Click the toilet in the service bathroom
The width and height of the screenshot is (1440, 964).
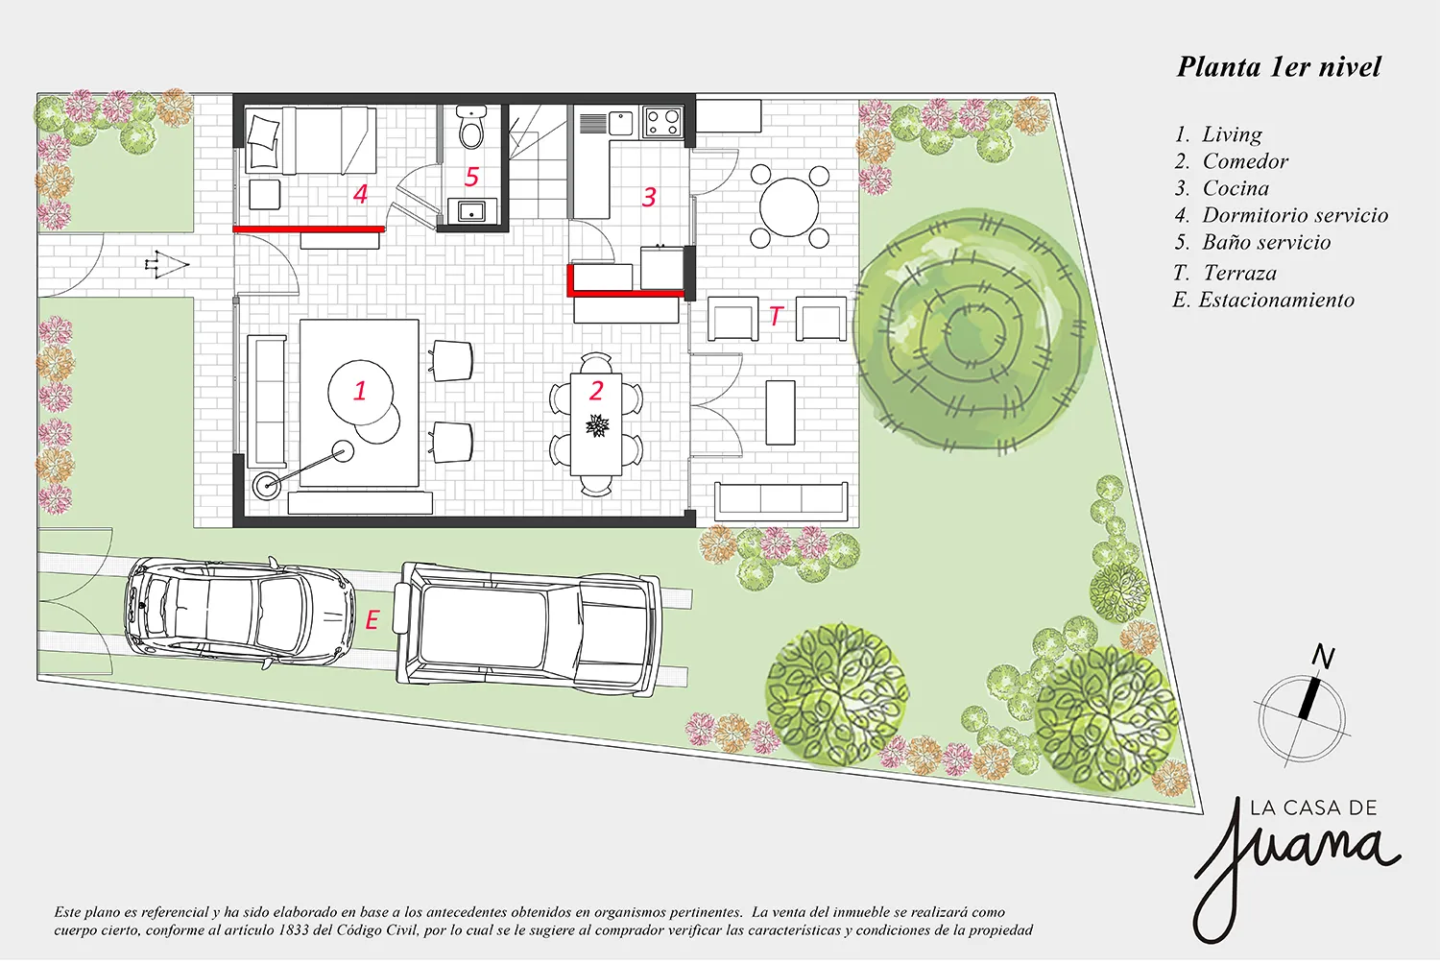tap(471, 128)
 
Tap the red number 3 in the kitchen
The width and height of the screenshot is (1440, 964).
tap(649, 197)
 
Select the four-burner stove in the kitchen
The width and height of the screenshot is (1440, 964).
tap(662, 122)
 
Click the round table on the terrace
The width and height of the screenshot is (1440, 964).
tap(789, 207)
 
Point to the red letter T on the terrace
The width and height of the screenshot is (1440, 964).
tap(776, 316)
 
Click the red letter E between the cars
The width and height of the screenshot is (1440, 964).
tap(372, 620)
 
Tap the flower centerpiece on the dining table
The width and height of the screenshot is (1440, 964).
tap(597, 425)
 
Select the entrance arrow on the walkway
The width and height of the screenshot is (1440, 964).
tap(166, 264)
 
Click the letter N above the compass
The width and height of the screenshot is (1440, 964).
tap(1323, 657)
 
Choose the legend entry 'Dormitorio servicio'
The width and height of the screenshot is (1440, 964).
tap(1281, 215)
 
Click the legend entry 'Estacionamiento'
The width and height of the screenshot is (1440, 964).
tap(1263, 300)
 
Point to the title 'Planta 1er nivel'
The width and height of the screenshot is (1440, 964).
tap(1279, 67)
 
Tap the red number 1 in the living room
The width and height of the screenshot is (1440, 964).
tap(360, 391)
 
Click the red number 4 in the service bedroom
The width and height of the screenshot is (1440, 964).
tap(361, 194)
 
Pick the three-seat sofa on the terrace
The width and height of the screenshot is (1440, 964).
tap(781, 501)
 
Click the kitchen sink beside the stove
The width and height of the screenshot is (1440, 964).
tap(620, 123)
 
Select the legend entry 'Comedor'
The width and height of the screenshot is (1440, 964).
tap(1231, 160)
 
